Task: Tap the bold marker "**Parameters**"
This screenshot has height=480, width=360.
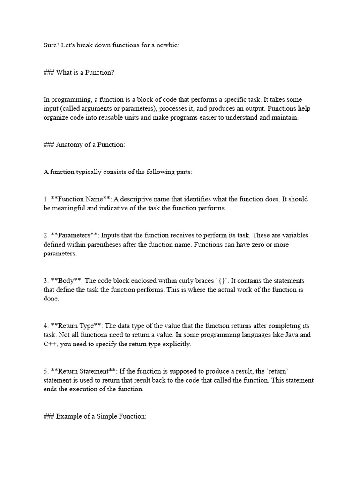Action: click(75, 235)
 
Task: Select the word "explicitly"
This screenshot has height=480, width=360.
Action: click(176, 344)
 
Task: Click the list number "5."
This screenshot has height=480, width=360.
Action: click(46, 371)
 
